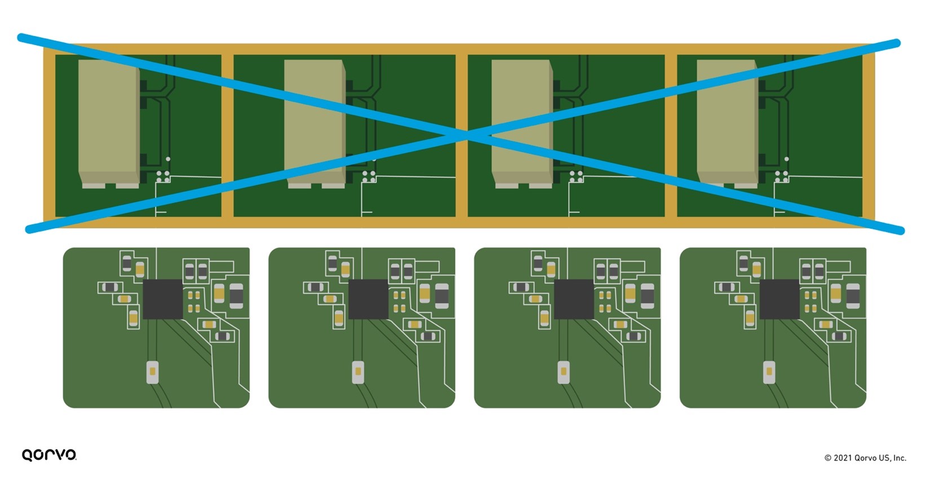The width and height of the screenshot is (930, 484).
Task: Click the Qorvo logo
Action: point(49,455)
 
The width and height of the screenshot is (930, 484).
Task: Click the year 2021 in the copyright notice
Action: point(843,458)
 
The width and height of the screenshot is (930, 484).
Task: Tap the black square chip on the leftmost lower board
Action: point(163,299)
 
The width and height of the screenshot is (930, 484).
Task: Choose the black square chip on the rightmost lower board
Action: point(780,299)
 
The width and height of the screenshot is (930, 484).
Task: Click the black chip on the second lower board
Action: point(369,299)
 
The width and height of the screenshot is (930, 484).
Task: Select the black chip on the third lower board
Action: point(574,299)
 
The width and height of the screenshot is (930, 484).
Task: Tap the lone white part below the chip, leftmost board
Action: point(152,372)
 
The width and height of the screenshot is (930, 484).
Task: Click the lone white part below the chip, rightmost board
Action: point(769,372)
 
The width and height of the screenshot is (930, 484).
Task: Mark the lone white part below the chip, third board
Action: point(563,372)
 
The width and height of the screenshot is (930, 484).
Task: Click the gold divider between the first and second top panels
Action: point(227,135)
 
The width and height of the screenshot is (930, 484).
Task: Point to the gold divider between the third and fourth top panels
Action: point(671,135)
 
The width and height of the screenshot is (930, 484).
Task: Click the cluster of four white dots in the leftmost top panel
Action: point(163,176)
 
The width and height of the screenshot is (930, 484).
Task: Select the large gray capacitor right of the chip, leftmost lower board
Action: point(236,295)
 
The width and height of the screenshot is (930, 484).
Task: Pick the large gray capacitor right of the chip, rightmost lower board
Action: point(853,295)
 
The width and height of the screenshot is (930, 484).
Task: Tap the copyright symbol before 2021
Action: point(828,458)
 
